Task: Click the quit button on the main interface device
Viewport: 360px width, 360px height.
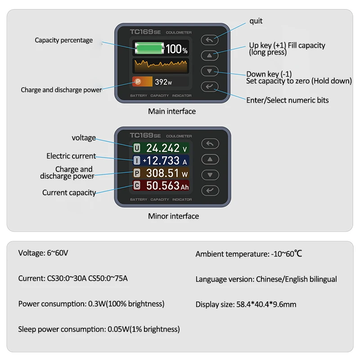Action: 210,40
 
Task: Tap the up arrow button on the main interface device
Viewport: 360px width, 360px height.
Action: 210,56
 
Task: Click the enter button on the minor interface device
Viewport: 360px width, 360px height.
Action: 210,190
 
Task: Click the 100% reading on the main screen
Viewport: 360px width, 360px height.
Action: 176,49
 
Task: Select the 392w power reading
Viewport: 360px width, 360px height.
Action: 163,82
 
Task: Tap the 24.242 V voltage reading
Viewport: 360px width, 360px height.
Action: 166,148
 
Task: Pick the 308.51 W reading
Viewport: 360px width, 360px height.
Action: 167,173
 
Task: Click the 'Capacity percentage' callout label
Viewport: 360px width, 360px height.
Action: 64,40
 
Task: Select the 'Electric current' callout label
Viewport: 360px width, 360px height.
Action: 71,156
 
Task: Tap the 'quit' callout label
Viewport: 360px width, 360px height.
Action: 256,21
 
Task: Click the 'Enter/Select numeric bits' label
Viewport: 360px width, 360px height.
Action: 287,100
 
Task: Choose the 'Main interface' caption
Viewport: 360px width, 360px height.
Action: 172,111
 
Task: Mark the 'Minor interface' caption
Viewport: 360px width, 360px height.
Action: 173,216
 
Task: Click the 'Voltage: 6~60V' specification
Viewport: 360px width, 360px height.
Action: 43,253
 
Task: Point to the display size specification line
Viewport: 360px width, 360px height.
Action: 246,304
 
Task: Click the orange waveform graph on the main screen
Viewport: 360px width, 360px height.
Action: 161,66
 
